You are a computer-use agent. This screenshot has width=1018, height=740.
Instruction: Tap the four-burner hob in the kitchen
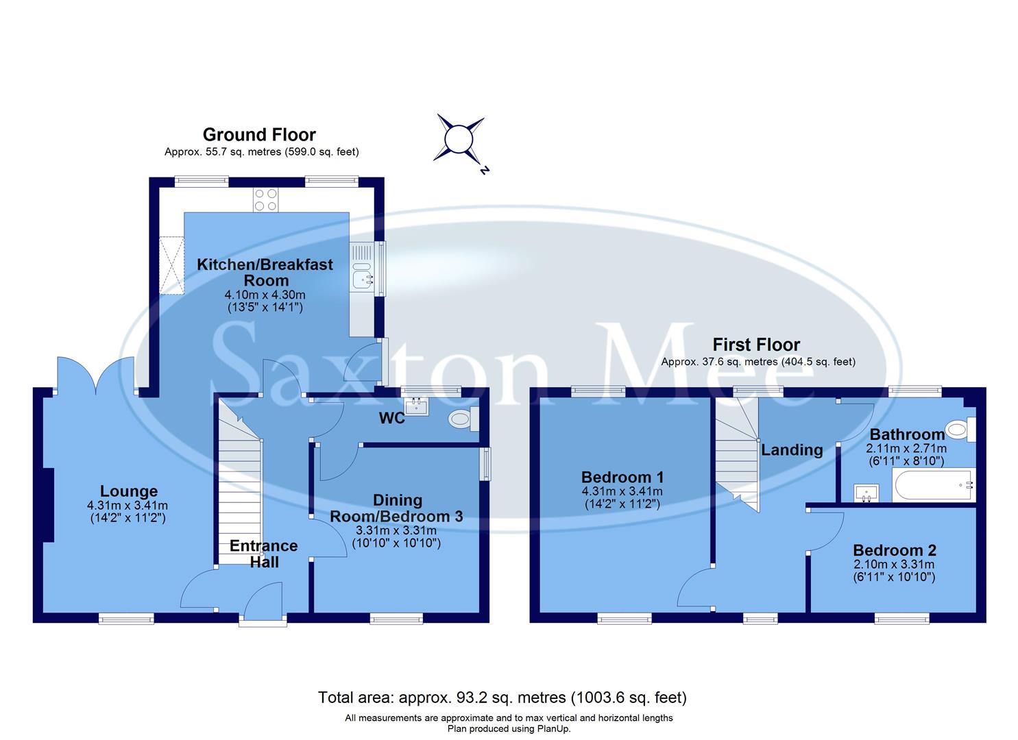[x=266, y=199]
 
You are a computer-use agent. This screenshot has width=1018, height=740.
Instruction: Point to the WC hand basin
[x=416, y=407]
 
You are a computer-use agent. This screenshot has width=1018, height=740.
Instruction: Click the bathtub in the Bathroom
[x=933, y=485]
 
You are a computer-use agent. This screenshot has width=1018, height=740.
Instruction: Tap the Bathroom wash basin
[x=866, y=493]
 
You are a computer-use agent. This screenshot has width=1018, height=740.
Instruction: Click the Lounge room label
[x=129, y=491]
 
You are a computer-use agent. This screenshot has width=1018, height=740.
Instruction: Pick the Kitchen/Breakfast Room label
[x=265, y=272]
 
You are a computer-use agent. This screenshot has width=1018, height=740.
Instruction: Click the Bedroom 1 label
[x=622, y=477]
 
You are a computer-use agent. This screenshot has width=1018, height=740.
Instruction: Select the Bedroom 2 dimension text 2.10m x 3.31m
[x=894, y=565]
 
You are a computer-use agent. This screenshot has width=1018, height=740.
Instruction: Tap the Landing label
[x=792, y=450]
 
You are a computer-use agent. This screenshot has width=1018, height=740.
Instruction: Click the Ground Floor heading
[x=259, y=135]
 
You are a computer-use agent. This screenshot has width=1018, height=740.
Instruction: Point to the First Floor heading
[x=756, y=345]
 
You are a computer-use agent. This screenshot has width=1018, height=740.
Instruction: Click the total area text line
[x=502, y=698]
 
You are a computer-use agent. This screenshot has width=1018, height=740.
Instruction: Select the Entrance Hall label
[x=264, y=554]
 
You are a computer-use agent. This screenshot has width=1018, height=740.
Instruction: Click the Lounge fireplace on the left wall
[x=47, y=505]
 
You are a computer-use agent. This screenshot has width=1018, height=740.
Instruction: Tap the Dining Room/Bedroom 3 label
[x=396, y=508]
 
